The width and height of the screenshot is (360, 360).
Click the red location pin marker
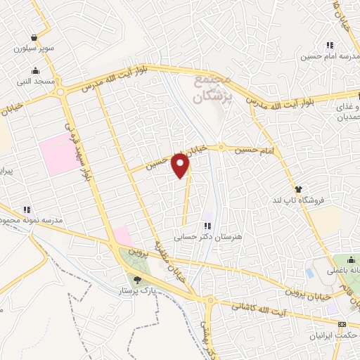point(181,165)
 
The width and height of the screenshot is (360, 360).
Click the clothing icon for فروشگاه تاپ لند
point(298,189)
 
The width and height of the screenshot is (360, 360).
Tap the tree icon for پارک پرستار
point(137,280)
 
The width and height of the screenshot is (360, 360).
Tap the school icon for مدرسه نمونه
point(27,210)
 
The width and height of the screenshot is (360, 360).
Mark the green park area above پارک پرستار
point(134,263)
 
